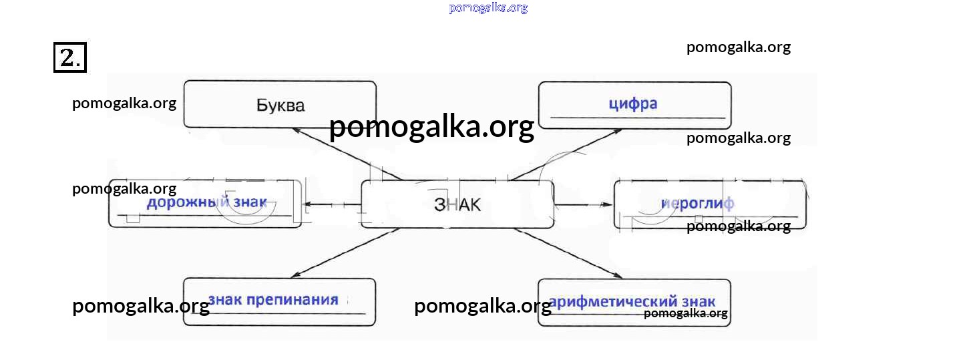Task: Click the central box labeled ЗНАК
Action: tap(457, 204)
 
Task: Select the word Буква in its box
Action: tap(280, 105)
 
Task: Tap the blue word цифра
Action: tap(633, 104)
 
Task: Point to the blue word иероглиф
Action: tap(697, 204)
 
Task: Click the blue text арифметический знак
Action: tap(632, 301)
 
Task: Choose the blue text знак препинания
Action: tap(274, 299)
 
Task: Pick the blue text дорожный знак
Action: tap(206, 202)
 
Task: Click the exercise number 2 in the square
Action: tap(69, 57)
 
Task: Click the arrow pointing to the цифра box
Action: tap(568, 154)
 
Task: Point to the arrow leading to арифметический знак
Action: tap(568, 254)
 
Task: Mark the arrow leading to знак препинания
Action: tap(344, 254)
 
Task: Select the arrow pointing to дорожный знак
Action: tap(331, 204)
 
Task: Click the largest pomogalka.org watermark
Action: tap(431, 126)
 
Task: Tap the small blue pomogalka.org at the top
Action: tap(488, 8)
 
